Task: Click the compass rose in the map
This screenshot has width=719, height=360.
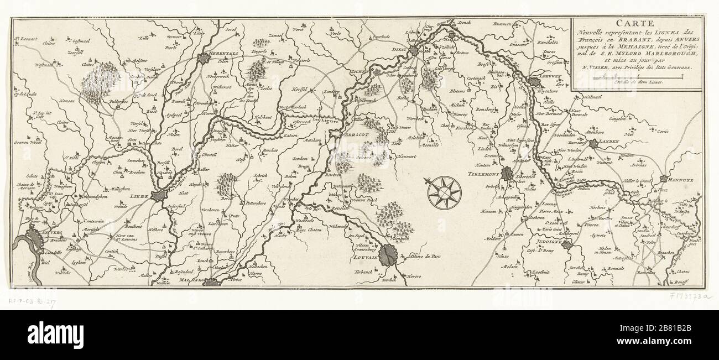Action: (x=444, y=191)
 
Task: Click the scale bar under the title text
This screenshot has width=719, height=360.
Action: (x=636, y=75)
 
